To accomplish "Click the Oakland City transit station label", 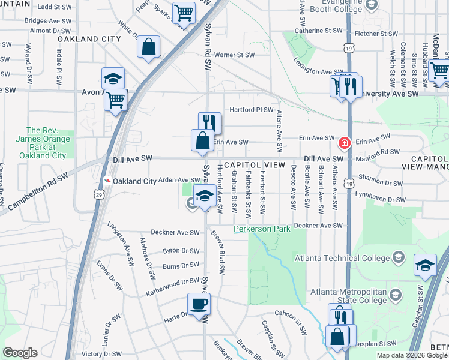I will pos(134,181).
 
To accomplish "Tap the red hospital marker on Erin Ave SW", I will pos(344,143).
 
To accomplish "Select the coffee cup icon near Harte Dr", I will pos(199,304).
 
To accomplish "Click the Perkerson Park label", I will pos(262,229).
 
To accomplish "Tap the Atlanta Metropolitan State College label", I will pos(348,296).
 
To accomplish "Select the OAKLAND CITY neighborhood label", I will pos(89,39).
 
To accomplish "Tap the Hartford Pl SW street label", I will pos(252,110).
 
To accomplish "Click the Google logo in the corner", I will pos(20,353).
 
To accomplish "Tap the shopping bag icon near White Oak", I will pos(148,46).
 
